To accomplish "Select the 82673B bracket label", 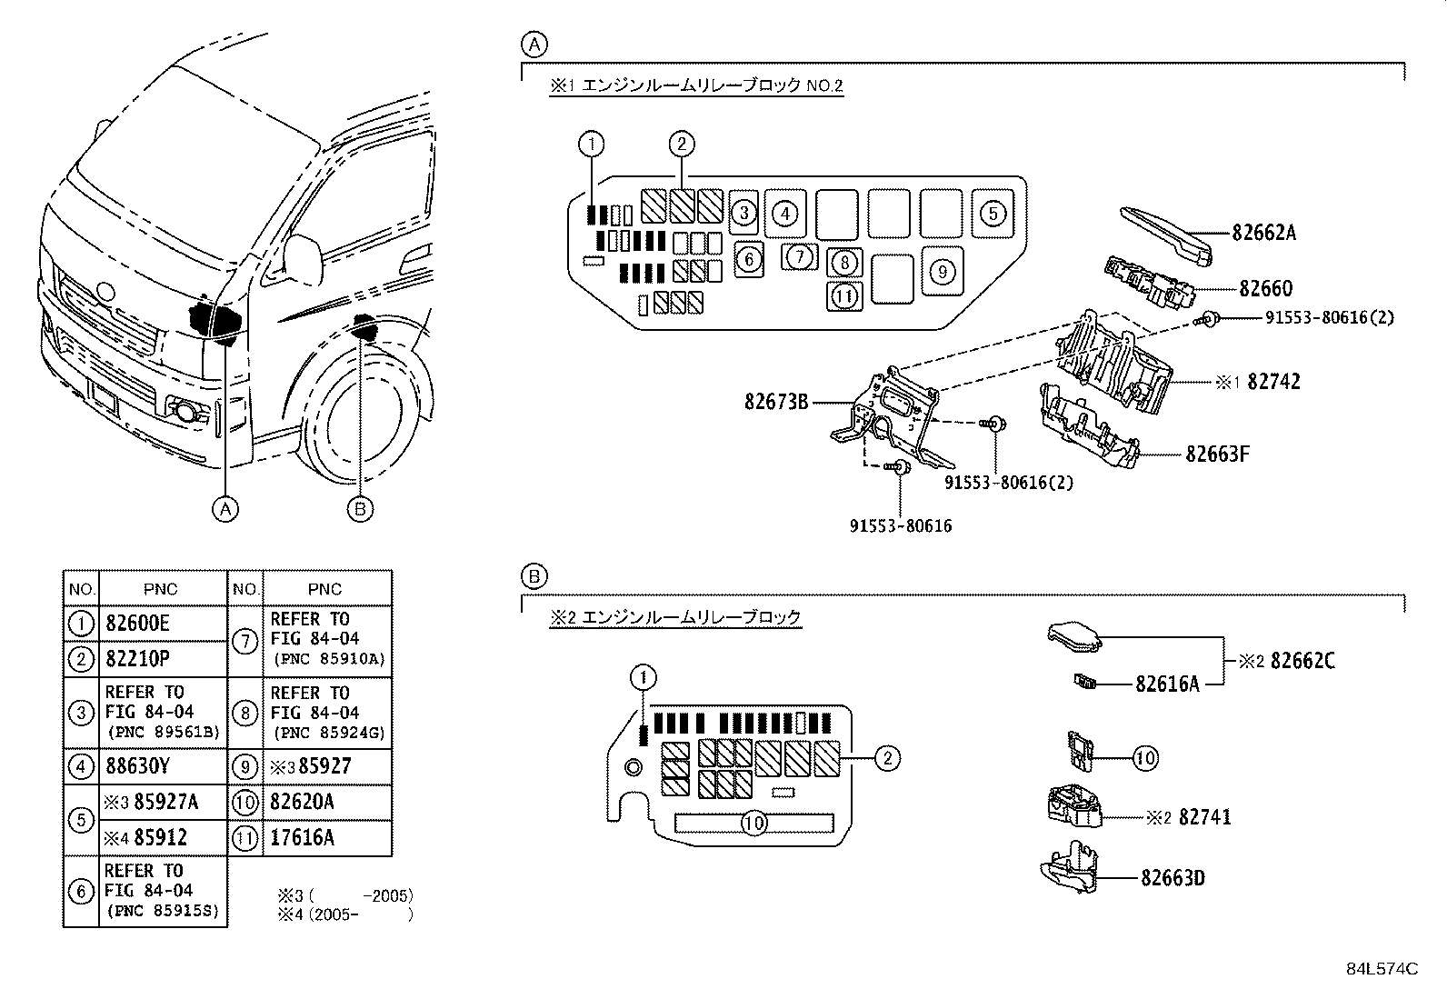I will click(775, 400).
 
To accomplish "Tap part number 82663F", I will click(1217, 453).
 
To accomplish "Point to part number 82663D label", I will click(1173, 878).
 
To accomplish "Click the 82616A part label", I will click(1166, 684).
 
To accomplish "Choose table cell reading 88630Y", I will click(137, 766).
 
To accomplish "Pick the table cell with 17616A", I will click(303, 838).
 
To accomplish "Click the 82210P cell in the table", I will click(137, 659).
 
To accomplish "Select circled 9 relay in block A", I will click(943, 271).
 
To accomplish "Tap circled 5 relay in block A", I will click(993, 213).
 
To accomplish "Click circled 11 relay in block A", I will click(844, 295).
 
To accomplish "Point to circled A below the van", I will click(225, 509).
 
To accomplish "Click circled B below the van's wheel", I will click(360, 509).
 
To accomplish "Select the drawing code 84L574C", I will click(1382, 968).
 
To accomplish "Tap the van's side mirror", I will click(304, 260).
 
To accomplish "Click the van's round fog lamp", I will click(187, 412).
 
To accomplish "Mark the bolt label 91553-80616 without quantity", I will click(901, 525).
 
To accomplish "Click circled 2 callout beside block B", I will click(887, 758).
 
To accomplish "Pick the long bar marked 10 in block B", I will click(754, 824).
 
